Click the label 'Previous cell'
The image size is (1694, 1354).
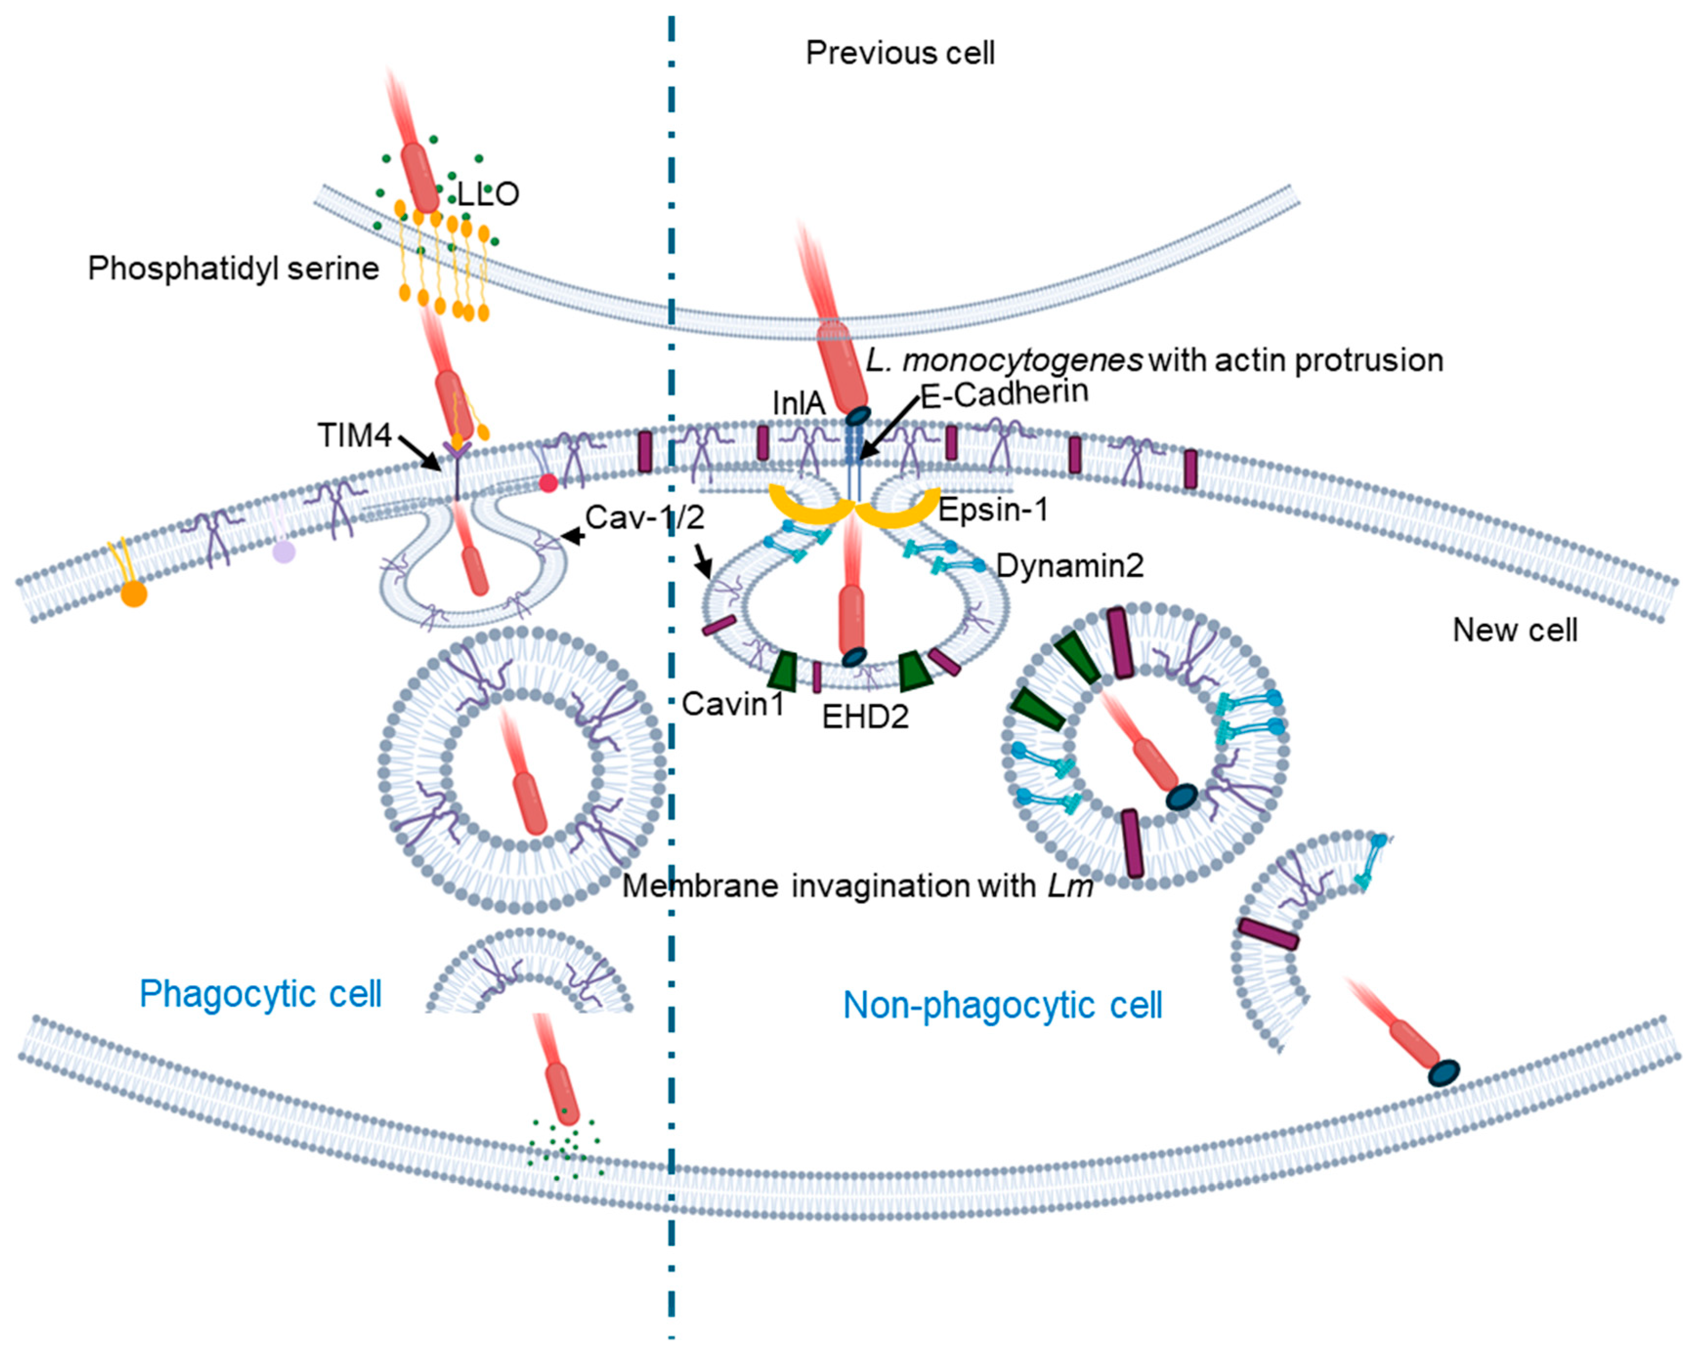point(900,53)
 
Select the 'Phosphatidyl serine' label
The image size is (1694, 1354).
point(233,269)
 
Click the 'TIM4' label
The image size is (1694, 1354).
point(354,435)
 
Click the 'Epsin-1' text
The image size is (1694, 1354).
point(993,510)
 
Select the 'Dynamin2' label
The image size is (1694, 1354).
point(1069,565)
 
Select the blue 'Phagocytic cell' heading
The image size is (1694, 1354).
point(260,994)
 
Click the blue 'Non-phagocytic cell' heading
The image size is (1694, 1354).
point(1002,1005)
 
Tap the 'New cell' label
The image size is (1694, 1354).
point(1514,630)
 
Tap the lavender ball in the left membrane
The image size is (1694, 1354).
point(284,552)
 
